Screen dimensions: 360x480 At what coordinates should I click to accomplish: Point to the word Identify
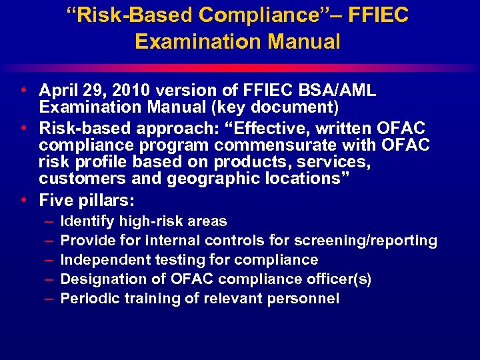[87, 221]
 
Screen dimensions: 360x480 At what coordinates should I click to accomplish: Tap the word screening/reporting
[371, 240]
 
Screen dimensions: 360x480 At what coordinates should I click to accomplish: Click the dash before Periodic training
[49, 298]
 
